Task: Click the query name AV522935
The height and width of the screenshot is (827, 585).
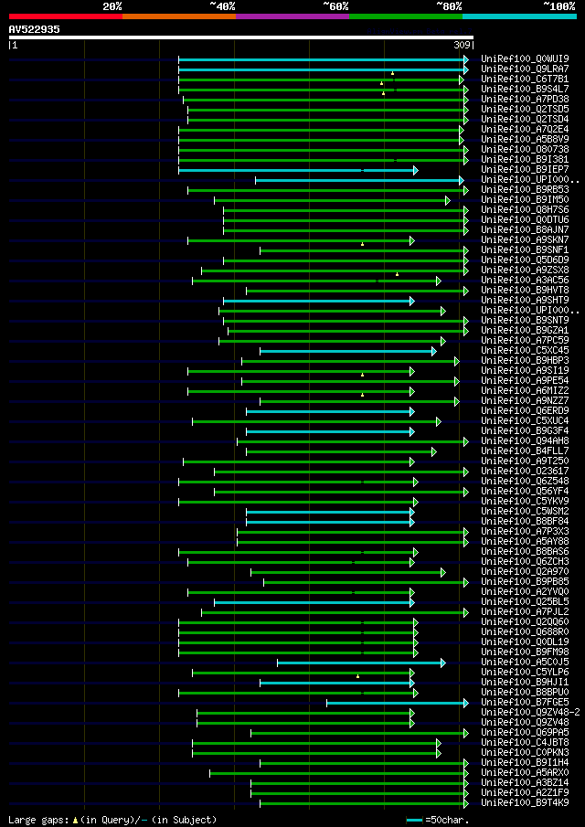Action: click(x=34, y=29)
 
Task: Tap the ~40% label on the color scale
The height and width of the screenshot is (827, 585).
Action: click(x=222, y=5)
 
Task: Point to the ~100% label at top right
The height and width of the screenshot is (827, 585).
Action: click(x=558, y=5)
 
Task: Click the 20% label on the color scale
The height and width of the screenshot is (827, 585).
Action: click(x=112, y=5)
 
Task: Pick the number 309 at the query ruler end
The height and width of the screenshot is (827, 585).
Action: click(x=462, y=45)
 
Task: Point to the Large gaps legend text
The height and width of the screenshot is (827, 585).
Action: click(x=112, y=820)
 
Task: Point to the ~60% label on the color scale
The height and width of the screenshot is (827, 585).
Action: click(x=335, y=5)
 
